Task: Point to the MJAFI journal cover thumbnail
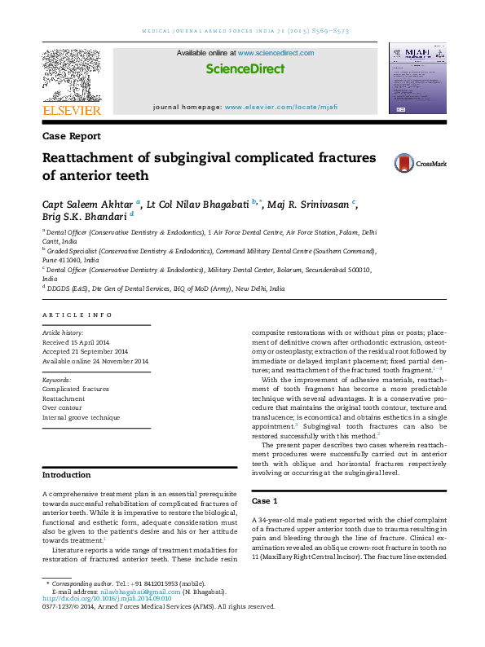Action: [x=418, y=81]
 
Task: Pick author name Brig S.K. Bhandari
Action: [x=84, y=217]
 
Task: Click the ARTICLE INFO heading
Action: [x=77, y=315]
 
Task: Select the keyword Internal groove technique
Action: [x=81, y=417]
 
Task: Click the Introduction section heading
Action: [x=67, y=474]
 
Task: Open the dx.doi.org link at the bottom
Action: [x=106, y=598]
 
